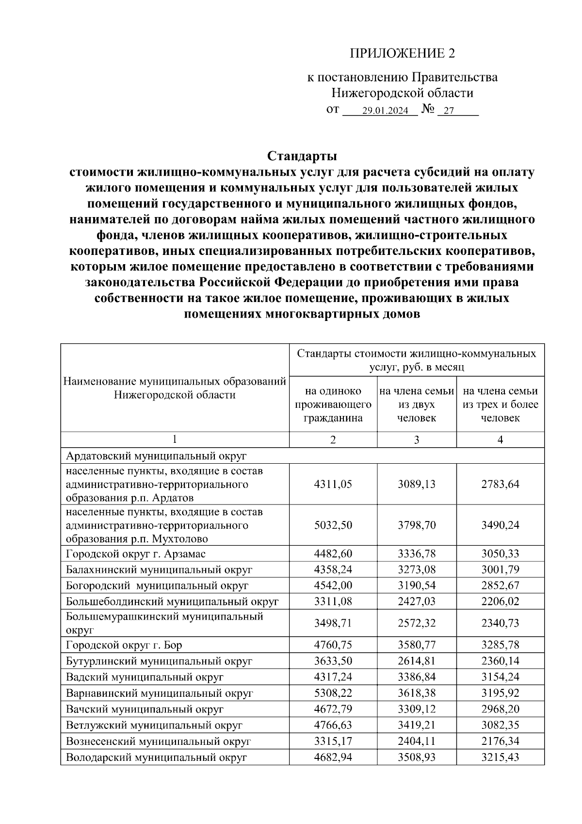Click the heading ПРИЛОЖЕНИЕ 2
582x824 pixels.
point(403,53)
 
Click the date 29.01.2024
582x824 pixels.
point(385,111)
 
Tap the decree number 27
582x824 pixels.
point(449,111)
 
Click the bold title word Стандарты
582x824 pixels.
point(302,156)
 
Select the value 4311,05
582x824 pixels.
point(333,484)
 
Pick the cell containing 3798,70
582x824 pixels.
point(416,525)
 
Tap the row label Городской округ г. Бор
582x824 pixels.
point(124,645)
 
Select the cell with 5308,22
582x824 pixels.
point(333,693)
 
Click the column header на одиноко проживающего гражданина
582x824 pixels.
point(333,404)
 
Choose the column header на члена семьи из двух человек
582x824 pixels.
point(416,404)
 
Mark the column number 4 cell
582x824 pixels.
point(500,439)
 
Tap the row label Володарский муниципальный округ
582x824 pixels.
point(157,757)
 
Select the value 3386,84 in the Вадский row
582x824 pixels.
point(416,677)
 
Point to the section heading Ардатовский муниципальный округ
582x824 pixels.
point(157,456)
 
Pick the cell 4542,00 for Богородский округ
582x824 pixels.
point(333,586)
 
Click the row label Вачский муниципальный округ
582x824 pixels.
point(145,709)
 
